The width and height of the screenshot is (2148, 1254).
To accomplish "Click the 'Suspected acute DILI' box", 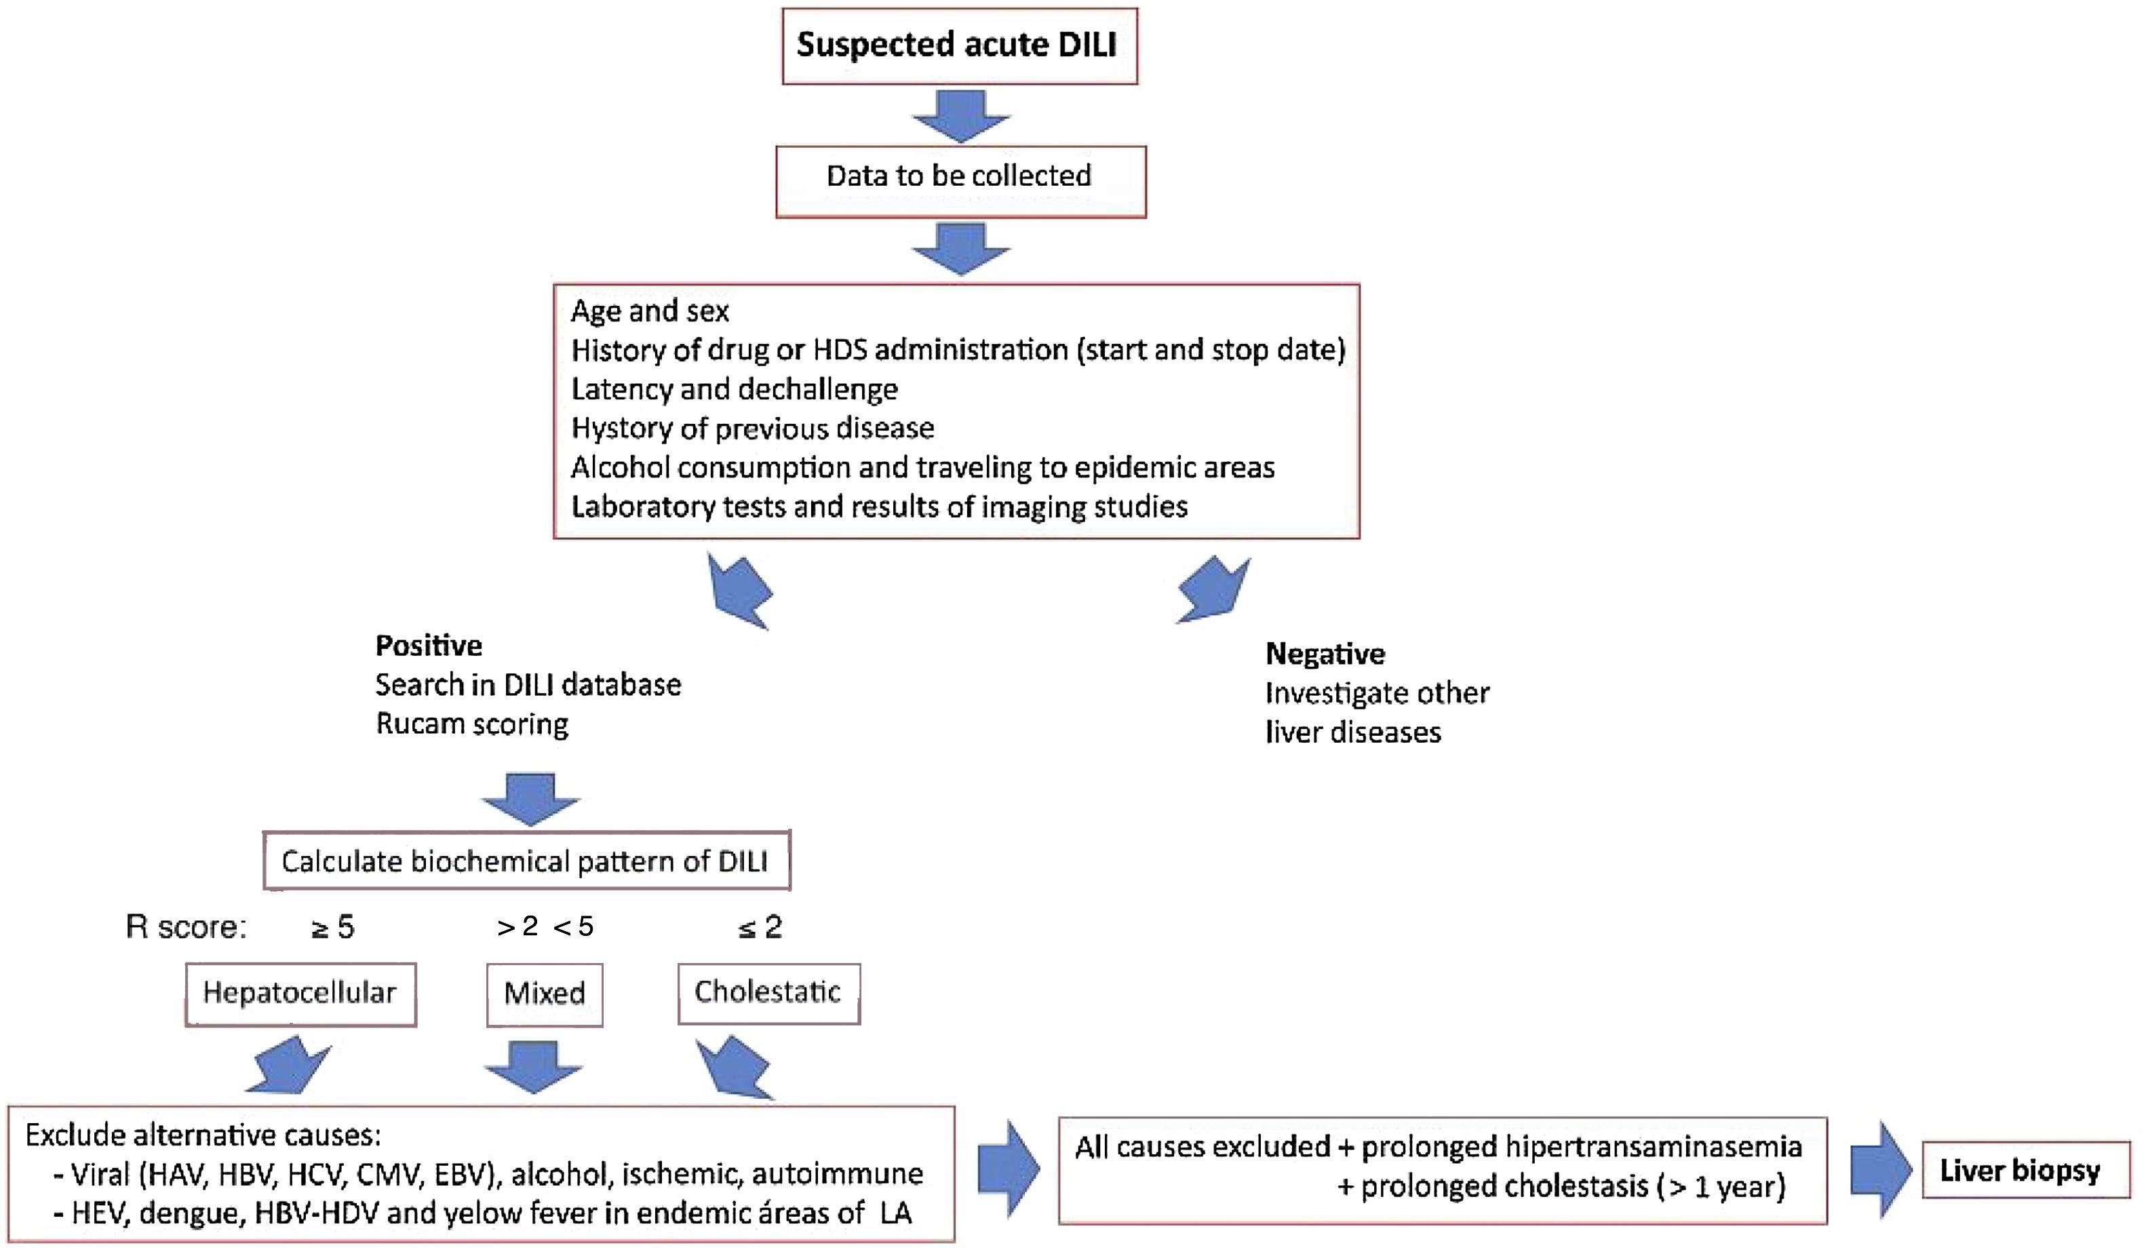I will tap(960, 46).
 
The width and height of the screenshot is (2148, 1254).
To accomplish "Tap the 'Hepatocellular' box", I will tap(300, 994).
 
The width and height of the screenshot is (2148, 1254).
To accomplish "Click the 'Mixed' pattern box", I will tap(544, 995).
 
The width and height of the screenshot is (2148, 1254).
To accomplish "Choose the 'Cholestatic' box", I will tap(768, 993).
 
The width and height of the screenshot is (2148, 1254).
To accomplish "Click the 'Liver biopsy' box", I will tap(2025, 1171).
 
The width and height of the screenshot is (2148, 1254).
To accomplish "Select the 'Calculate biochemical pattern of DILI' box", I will tap(526, 861).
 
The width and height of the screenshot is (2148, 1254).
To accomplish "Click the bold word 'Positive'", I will tap(429, 646).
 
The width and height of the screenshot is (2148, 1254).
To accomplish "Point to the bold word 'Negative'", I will tap(1325, 654).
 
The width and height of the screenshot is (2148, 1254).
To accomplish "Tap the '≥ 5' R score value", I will tap(332, 926).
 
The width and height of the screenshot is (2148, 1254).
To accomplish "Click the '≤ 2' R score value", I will tap(760, 926).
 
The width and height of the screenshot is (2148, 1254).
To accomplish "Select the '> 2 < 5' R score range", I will tap(545, 926).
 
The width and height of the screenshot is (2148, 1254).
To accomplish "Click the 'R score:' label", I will tap(186, 926).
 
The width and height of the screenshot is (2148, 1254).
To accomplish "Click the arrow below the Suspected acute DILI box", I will tap(960, 115).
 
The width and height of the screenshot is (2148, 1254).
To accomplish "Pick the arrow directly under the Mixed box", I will tap(532, 1065).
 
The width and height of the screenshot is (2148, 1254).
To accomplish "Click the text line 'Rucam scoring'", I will tap(471, 724).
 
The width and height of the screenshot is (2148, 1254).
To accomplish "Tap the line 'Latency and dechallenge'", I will tap(734, 389).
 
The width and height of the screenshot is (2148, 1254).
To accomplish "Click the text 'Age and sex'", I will tap(650, 311).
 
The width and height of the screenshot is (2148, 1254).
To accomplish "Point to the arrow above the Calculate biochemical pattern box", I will tap(530, 798).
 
